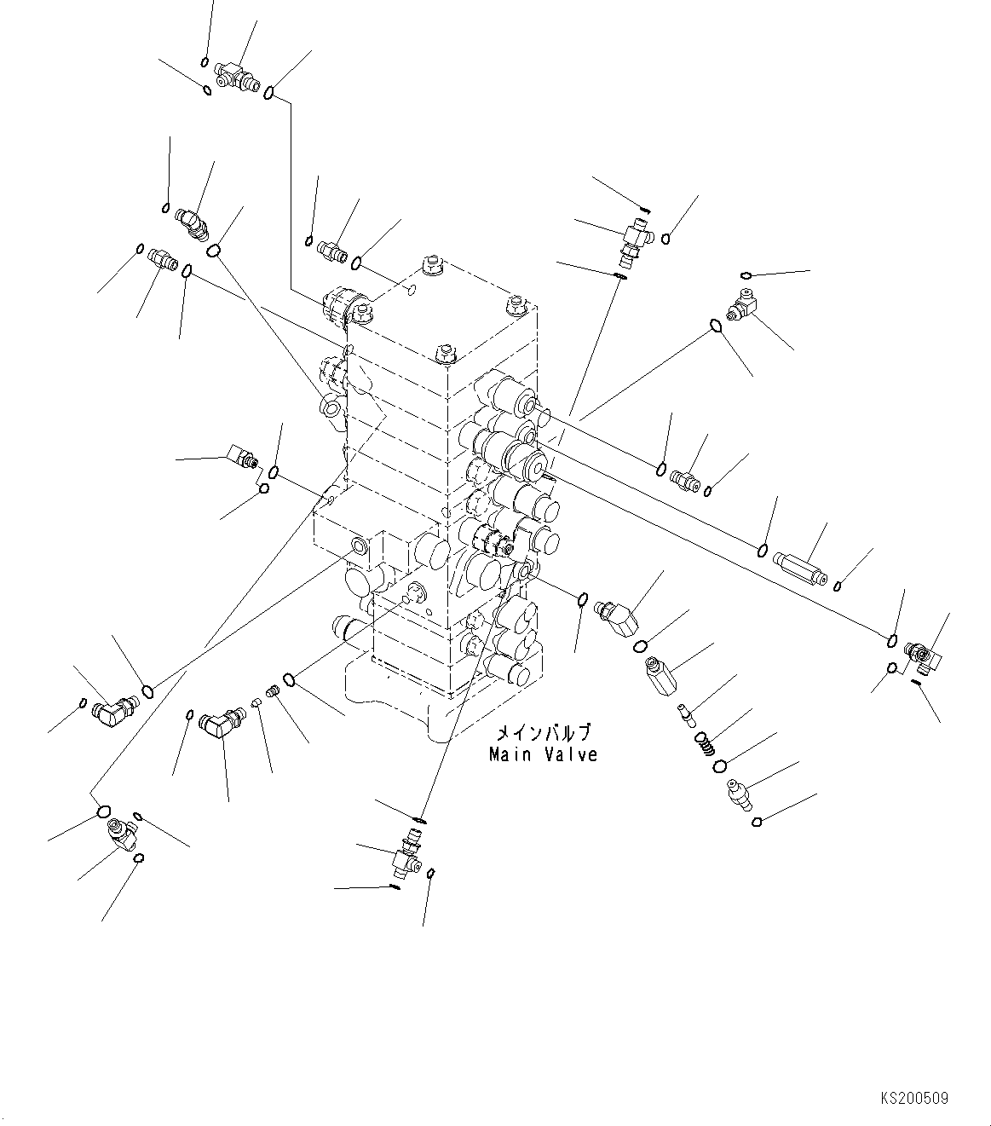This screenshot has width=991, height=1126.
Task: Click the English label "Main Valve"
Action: coord(543,754)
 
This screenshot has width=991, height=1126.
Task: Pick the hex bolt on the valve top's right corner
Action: coord(513,304)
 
